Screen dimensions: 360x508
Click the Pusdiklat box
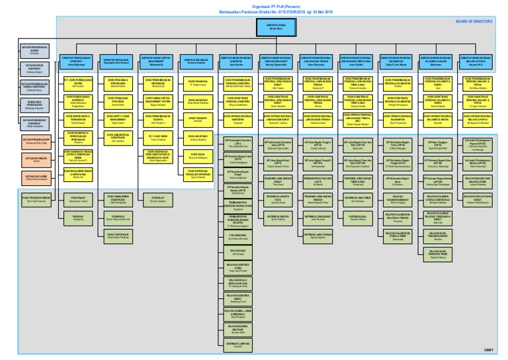[x=157, y=197]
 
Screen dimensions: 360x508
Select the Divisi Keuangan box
[x=196, y=83]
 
